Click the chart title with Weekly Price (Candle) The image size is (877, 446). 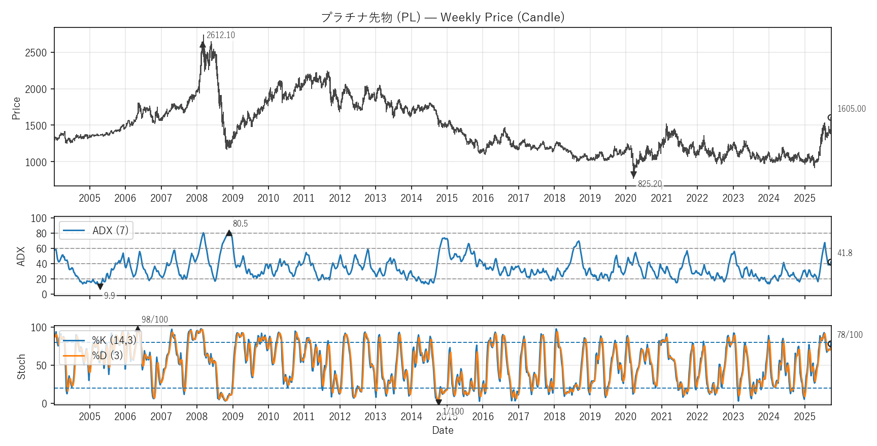tap(443, 17)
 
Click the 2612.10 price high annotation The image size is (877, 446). tap(220, 35)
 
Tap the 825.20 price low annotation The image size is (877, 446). tap(650, 184)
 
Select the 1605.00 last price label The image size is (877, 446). tap(851, 109)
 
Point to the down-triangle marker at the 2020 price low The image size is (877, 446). tap(633, 175)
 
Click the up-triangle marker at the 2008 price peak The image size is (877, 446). tap(203, 44)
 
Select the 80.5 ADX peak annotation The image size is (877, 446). tap(240, 224)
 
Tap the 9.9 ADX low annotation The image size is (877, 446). tap(109, 296)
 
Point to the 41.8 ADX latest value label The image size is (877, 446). tap(845, 253)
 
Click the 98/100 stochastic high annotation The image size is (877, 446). tap(154, 320)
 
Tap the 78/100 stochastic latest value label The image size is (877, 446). tap(850, 335)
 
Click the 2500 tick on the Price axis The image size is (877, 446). tap(36, 53)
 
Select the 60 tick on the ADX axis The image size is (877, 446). tap(41, 249)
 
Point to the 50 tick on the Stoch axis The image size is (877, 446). tap(41, 366)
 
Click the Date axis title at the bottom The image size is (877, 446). tap(443, 430)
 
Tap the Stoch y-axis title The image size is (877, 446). tap(21, 366)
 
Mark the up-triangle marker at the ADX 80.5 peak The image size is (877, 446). tap(229, 233)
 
